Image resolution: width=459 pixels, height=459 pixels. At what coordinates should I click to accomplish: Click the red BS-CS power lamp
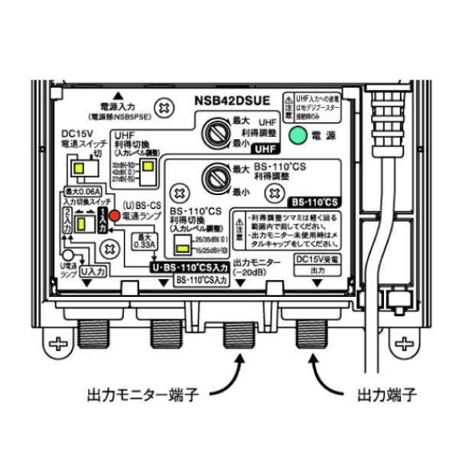[115, 216]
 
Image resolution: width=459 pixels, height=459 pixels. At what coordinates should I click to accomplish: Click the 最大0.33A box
[145, 241]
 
